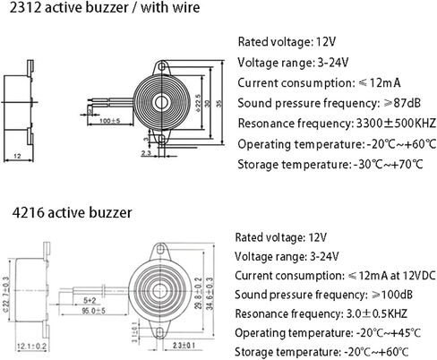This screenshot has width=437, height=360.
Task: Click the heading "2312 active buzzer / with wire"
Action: pyautogui.click(x=105, y=7)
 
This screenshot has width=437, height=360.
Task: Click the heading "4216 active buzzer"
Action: pyautogui.click(x=72, y=213)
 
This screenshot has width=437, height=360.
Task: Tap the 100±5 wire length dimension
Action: pyautogui.click(x=109, y=121)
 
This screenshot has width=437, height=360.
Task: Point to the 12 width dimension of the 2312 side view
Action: pyautogui.click(x=18, y=156)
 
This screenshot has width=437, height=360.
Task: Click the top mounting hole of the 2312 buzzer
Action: pyautogui.click(x=162, y=65)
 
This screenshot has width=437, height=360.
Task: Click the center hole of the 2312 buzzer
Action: pyautogui.click(x=161, y=102)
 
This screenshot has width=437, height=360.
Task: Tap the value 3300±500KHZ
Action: pyautogui.click(x=397, y=124)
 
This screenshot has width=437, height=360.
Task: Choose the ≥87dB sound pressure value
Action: pyautogui.click(x=402, y=103)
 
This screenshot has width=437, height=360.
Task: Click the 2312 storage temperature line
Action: pyautogui.click(x=330, y=165)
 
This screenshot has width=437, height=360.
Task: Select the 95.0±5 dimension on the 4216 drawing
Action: pyautogui.click(x=94, y=311)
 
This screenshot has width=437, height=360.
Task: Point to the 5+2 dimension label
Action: pyautogui.click(x=90, y=300)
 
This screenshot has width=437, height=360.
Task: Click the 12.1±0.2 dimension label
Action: pyautogui.click(x=31, y=347)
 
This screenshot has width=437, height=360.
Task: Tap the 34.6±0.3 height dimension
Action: pyautogui.click(x=210, y=294)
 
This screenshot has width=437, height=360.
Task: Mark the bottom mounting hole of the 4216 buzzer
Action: pyautogui.click(x=160, y=332)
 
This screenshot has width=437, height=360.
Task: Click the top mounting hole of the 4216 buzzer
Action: pyautogui.click(x=160, y=249)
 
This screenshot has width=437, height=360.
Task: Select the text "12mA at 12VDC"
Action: pyautogui.click(x=398, y=276)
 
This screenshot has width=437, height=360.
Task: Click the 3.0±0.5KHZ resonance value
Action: pyautogui.click(x=376, y=313)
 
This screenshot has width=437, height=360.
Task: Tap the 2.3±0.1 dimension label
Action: pyautogui.click(x=184, y=346)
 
